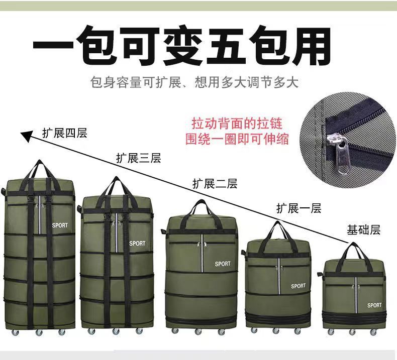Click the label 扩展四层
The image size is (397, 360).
[65, 133]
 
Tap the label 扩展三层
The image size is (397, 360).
[138, 159]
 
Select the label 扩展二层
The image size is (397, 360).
[215, 184]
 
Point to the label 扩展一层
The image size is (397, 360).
[299, 208]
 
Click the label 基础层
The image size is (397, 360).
[363, 230]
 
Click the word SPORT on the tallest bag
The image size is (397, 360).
[60, 225]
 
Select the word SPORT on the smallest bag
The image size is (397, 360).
[374, 305]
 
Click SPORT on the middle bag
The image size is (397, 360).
[223, 264]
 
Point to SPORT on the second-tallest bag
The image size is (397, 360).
[137, 244]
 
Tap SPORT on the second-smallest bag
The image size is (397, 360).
[298, 286]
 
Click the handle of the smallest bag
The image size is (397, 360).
[355, 250]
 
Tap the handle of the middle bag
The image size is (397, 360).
[201, 206]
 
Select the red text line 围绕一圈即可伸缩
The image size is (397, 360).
[237, 139]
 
